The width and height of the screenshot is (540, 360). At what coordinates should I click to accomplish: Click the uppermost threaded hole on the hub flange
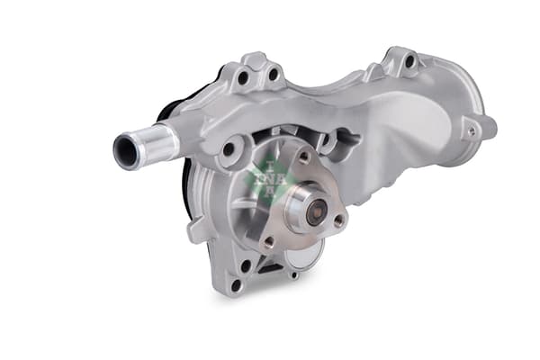pos(303,157)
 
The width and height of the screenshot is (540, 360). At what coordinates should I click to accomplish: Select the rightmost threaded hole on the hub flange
pos(339,219)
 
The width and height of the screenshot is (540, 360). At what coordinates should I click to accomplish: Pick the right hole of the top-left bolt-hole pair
pos(272,74)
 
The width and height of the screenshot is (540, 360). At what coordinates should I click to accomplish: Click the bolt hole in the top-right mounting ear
pos(409,61)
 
